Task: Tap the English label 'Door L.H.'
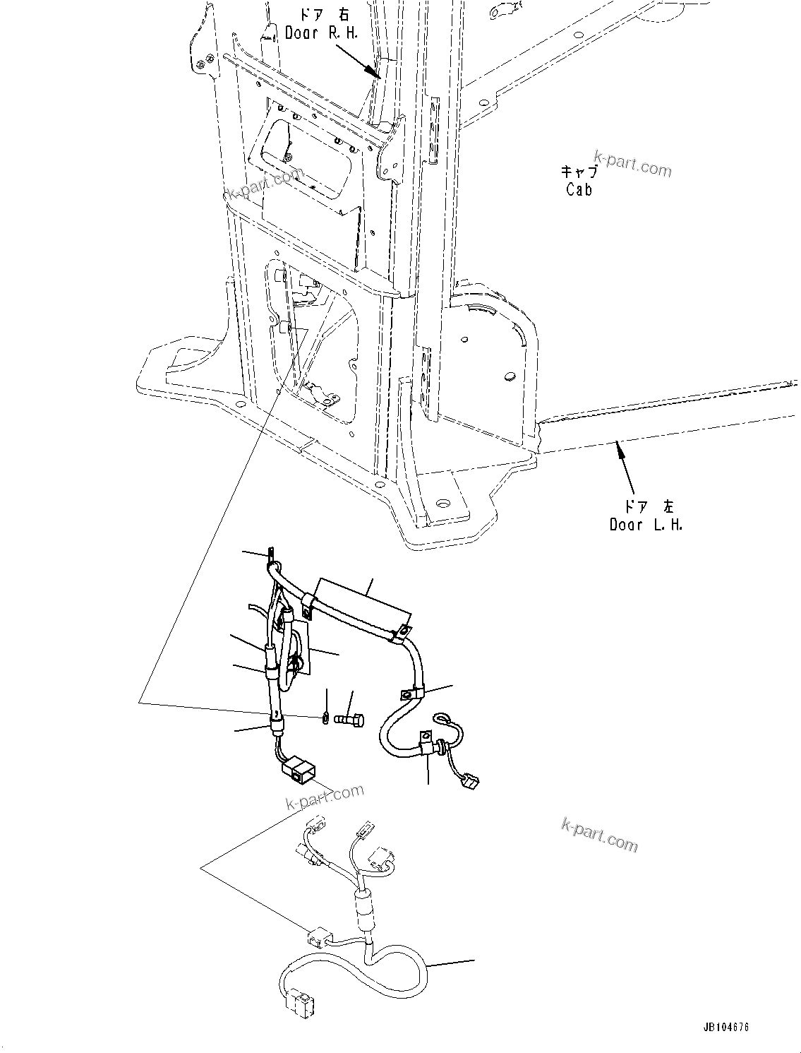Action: pos(646,525)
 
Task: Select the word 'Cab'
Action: pos(579,189)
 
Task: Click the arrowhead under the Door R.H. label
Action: pos(373,71)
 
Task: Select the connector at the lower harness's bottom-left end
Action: pos(297,1001)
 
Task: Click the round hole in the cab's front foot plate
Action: pos(442,504)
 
